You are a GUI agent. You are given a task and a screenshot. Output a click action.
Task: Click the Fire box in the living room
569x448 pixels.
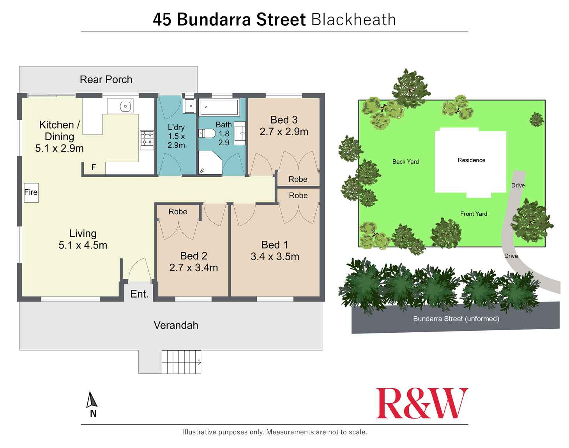pyautogui.click(x=31, y=192)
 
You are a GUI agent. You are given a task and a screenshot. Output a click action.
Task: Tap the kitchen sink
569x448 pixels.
pyautogui.click(x=120, y=106)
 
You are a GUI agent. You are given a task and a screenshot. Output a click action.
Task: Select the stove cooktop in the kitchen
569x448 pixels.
pyautogui.click(x=147, y=140)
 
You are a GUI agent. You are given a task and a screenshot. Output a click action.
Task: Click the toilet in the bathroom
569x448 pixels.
pyautogui.click(x=207, y=134)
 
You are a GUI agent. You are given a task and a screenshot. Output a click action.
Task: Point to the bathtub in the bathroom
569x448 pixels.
pyautogui.click(x=219, y=107)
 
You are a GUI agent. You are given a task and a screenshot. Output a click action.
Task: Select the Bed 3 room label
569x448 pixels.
pyautogui.click(x=284, y=120)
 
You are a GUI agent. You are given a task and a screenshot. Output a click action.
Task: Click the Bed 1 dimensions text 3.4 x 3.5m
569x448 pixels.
pyautogui.click(x=275, y=257)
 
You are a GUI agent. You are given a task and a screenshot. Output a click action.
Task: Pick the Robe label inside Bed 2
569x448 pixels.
pyautogui.click(x=178, y=212)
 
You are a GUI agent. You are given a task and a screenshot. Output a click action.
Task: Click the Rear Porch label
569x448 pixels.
pyautogui.click(x=106, y=79)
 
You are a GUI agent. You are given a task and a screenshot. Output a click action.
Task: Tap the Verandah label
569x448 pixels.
pyautogui.click(x=176, y=325)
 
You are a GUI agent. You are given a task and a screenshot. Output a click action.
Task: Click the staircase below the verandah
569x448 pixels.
pyautogui.click(x=181, y=362)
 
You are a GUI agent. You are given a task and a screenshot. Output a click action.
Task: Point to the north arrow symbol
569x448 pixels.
pyautogui.click(x=92, y=400)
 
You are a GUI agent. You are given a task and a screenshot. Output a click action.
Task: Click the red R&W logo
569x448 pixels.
pyautogui.click(x=422, y=404)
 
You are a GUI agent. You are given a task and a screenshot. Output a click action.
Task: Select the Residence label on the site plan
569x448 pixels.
pyautogui.click(x=471, y=160)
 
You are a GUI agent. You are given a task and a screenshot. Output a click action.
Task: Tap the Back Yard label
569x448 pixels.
pyautogui.click(x=405, y=162)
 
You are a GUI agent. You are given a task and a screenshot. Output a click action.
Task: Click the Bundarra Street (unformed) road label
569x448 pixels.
pyautogui.click(x=456, y=319)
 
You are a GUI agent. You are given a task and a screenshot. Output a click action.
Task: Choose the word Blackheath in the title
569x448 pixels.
pyautogui.click(x=353, y=19)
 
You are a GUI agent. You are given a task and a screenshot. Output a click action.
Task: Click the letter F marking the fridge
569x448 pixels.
pyautogui.click(x=94, y=167)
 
